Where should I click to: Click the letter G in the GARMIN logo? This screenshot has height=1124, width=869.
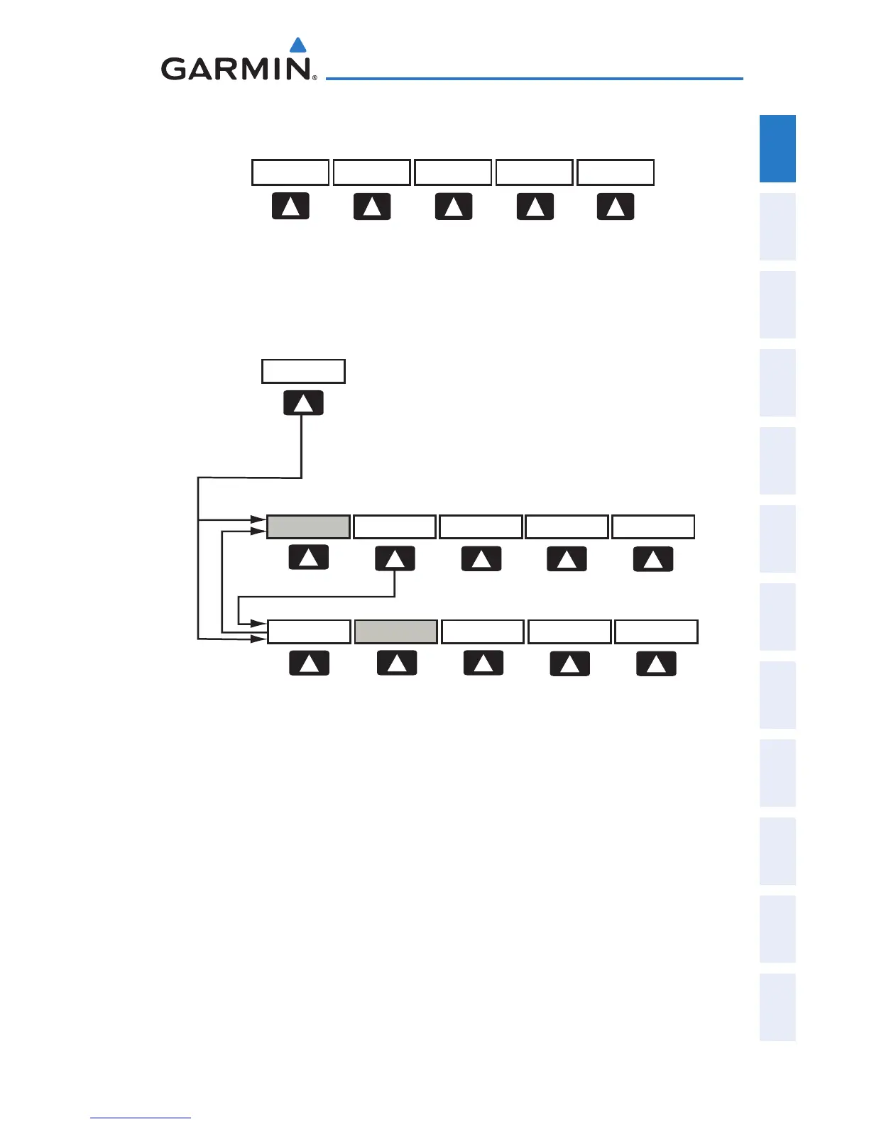point(175,69)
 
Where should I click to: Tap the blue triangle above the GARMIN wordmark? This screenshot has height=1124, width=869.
point(299,45)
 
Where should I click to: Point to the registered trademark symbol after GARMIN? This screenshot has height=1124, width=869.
point(315,77)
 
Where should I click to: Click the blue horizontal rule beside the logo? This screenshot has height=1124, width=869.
point(534,78)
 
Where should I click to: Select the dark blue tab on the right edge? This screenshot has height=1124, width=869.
point(777,148)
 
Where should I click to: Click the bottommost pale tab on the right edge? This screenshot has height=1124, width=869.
point(777,1007)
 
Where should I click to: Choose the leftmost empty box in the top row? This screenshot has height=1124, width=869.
point(290,172)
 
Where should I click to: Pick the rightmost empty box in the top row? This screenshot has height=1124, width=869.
point(616,172)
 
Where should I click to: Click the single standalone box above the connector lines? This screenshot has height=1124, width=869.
point(303,371)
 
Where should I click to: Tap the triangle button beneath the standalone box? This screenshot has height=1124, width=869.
point(303,403)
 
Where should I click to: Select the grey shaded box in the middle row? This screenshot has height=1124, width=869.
point(308,527)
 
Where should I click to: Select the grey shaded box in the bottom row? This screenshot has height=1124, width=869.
point(395,632)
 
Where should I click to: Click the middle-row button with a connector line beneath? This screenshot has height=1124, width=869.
point(395,558)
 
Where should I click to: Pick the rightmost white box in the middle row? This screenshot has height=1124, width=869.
point(652,527)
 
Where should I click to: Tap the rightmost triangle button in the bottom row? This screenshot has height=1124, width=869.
point(656,663)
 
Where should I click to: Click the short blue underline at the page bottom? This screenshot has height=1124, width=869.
point(141,1118)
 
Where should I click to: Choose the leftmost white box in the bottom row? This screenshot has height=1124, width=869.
point(309,632)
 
